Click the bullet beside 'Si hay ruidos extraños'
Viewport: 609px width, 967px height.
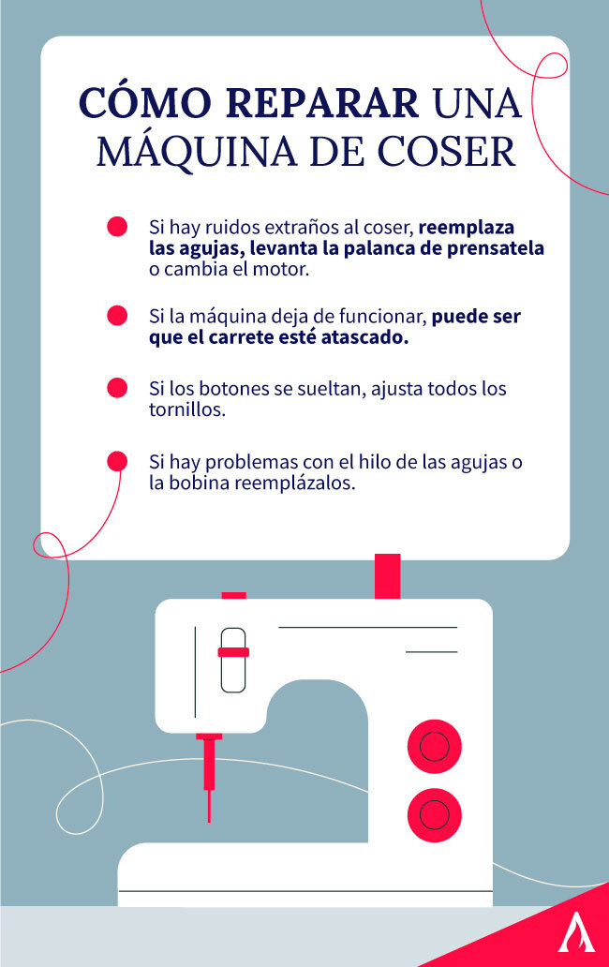[117, 228]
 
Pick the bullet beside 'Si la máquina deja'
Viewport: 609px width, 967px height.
[117, 316]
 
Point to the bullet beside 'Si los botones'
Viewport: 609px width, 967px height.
[117, 388]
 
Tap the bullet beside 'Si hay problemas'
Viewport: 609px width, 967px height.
[117, 461]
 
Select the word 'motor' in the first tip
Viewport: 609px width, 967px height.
[284, 270]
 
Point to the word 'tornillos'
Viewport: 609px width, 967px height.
[186, 409]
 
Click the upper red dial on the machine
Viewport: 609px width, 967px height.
[434, 747]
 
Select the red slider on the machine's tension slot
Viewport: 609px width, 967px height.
[233, 651]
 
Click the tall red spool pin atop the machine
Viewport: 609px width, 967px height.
[387, 575]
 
